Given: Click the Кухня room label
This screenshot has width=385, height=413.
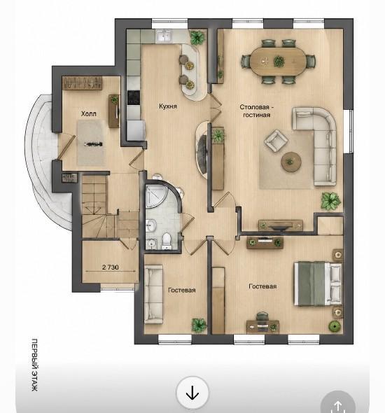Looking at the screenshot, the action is point(168,106).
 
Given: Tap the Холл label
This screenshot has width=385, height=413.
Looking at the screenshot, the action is point(88,114).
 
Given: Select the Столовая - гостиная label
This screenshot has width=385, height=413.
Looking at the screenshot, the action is point(257,111).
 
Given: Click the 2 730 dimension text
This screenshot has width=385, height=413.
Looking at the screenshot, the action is point(111,267).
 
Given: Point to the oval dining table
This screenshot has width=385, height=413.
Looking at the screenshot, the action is point(278,61).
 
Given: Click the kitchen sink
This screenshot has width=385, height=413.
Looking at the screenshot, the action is point(164,36).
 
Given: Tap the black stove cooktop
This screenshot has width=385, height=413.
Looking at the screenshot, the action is point(134,97).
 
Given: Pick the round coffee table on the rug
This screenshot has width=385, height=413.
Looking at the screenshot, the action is point(291,162).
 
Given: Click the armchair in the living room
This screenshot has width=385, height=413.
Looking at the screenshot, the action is point(276,141).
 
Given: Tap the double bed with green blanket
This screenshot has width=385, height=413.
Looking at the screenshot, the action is point(318,283).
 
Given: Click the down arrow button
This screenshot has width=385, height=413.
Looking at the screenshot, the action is point(192,393).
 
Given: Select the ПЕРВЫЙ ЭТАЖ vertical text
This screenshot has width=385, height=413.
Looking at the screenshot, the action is point(35,365).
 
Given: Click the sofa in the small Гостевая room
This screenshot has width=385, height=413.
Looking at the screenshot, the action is point(153,294).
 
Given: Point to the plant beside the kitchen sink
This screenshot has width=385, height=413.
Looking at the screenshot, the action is point(197,37).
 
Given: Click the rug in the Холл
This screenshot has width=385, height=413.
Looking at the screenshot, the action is point(90,143).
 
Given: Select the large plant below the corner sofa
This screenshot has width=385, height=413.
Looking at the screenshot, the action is point(330,201).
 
